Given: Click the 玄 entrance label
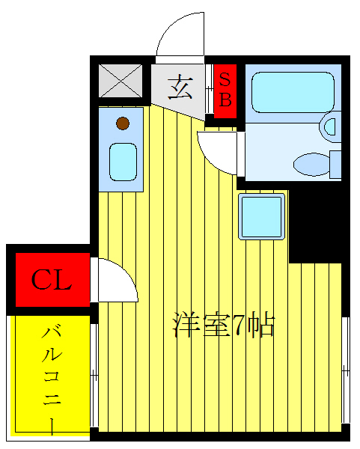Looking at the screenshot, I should [x=180, y=88].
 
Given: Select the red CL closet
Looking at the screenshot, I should [x=51, y=281].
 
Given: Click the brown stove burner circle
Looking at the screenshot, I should [x=122, y=123].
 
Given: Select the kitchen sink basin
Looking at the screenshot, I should [x=123, y=162].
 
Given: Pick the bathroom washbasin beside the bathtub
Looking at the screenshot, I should [x=330, y=126].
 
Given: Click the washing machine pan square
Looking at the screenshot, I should [x=262, y=216].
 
